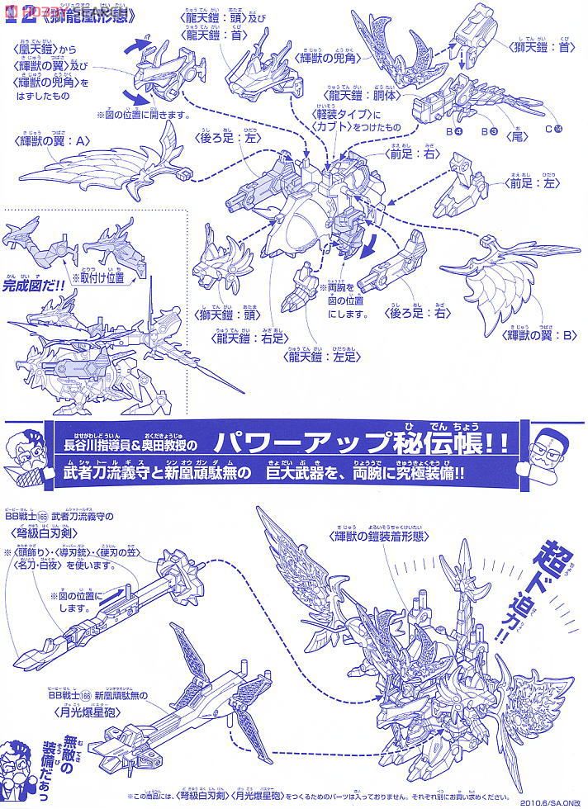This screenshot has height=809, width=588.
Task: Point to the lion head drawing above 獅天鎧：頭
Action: [221, 269]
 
